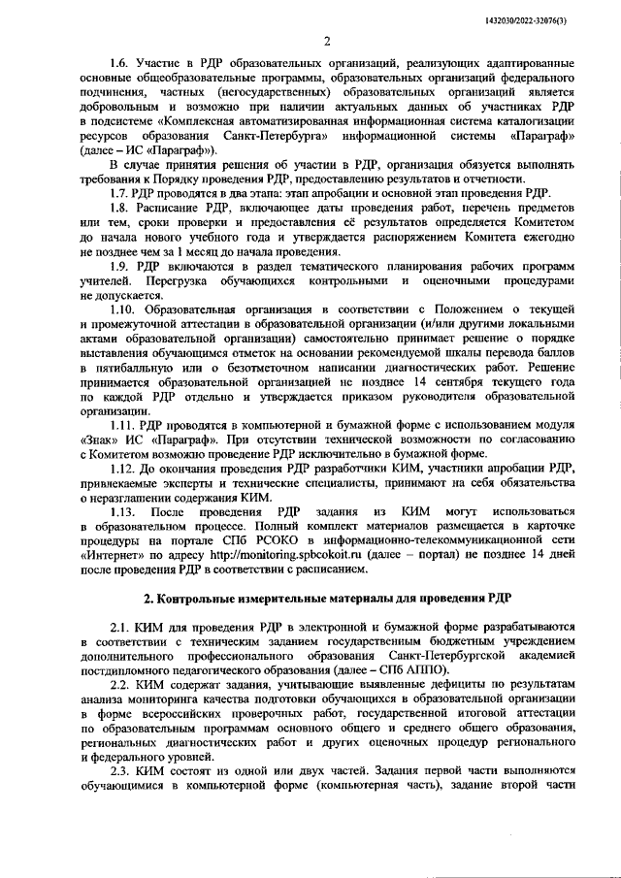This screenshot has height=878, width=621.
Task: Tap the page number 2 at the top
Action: [x=328, y=41]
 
